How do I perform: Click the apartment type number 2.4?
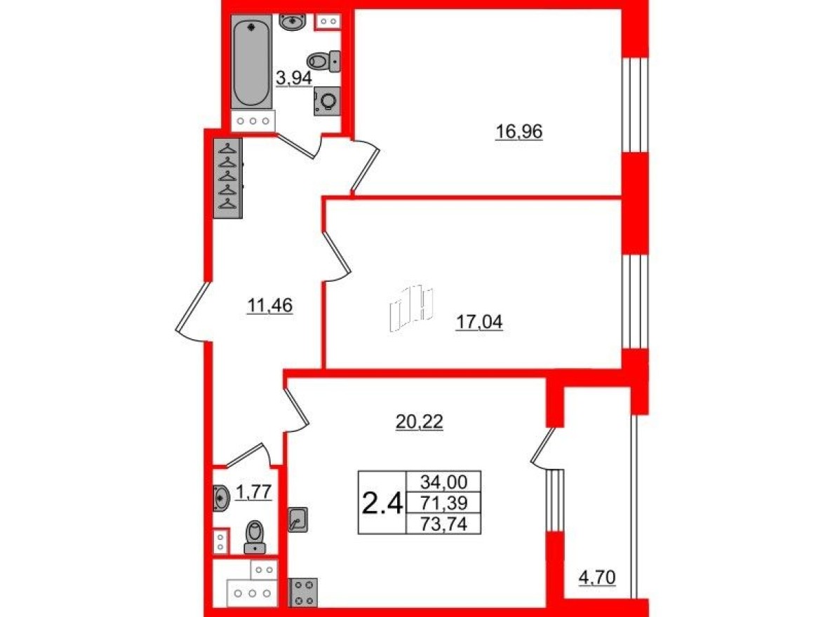coord(382,503)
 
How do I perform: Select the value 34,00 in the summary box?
coord(444,482)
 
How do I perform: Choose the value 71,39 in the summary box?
coord(444,502)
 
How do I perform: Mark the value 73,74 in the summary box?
coord(444,523)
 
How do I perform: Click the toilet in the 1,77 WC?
coord(254,537)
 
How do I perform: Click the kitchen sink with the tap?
coord(297,519)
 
